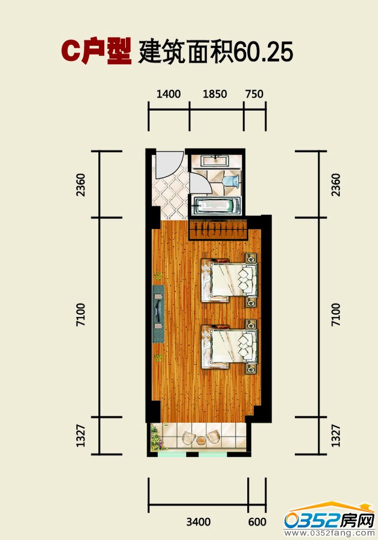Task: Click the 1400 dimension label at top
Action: click(168, 93)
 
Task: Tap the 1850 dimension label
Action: click(215, 93)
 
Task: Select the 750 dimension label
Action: click(254, 93)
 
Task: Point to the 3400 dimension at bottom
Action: click(198, 522)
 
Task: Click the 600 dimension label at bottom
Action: click(257, 522)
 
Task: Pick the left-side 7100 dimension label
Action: click(80, 315)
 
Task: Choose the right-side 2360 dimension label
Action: click(336, 185)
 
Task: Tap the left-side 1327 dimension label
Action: click(80, 436)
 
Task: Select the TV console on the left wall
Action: click(158, 313)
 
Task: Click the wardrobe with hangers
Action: click(218, 229)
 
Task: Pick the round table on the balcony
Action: click(201, 440)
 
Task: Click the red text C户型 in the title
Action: click(97, 51)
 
